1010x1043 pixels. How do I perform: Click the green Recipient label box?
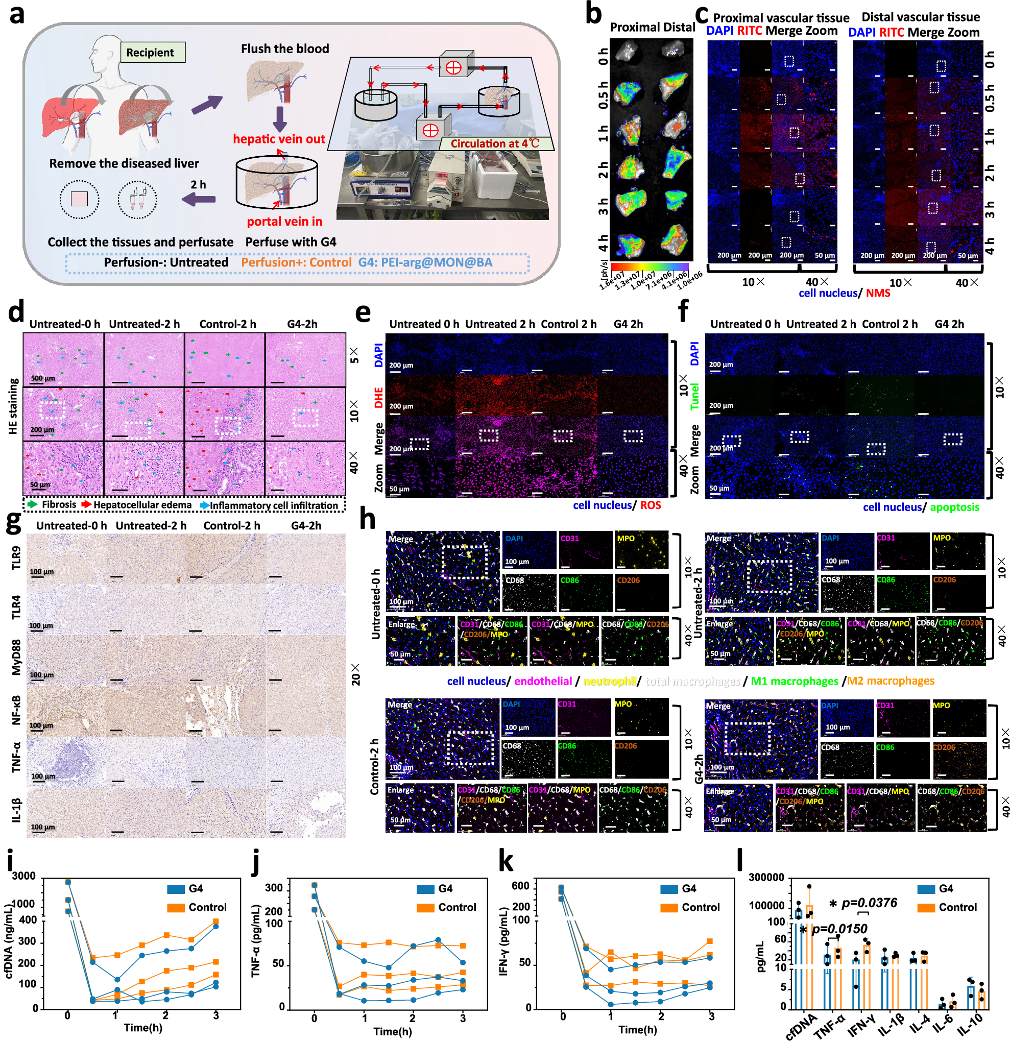[x=153, y=52]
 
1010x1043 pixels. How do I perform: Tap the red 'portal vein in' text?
[x=284, y=222]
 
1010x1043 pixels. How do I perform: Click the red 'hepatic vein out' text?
[x=279, y=139]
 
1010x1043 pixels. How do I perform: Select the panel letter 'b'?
[x=593, y=14]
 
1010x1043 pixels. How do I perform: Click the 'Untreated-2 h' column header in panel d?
[x=144, y=324]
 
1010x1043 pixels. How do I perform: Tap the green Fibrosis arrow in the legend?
[x=33, y=504]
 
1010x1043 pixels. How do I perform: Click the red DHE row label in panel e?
[x=378, y=398]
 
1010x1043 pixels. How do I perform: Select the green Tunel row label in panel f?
[x=694, y=398]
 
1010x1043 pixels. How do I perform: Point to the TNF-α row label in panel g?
[x=16, y=757]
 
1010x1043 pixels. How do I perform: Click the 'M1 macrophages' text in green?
[x=794, y=681]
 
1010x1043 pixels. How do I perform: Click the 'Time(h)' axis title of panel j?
[x=392, y=1031]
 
